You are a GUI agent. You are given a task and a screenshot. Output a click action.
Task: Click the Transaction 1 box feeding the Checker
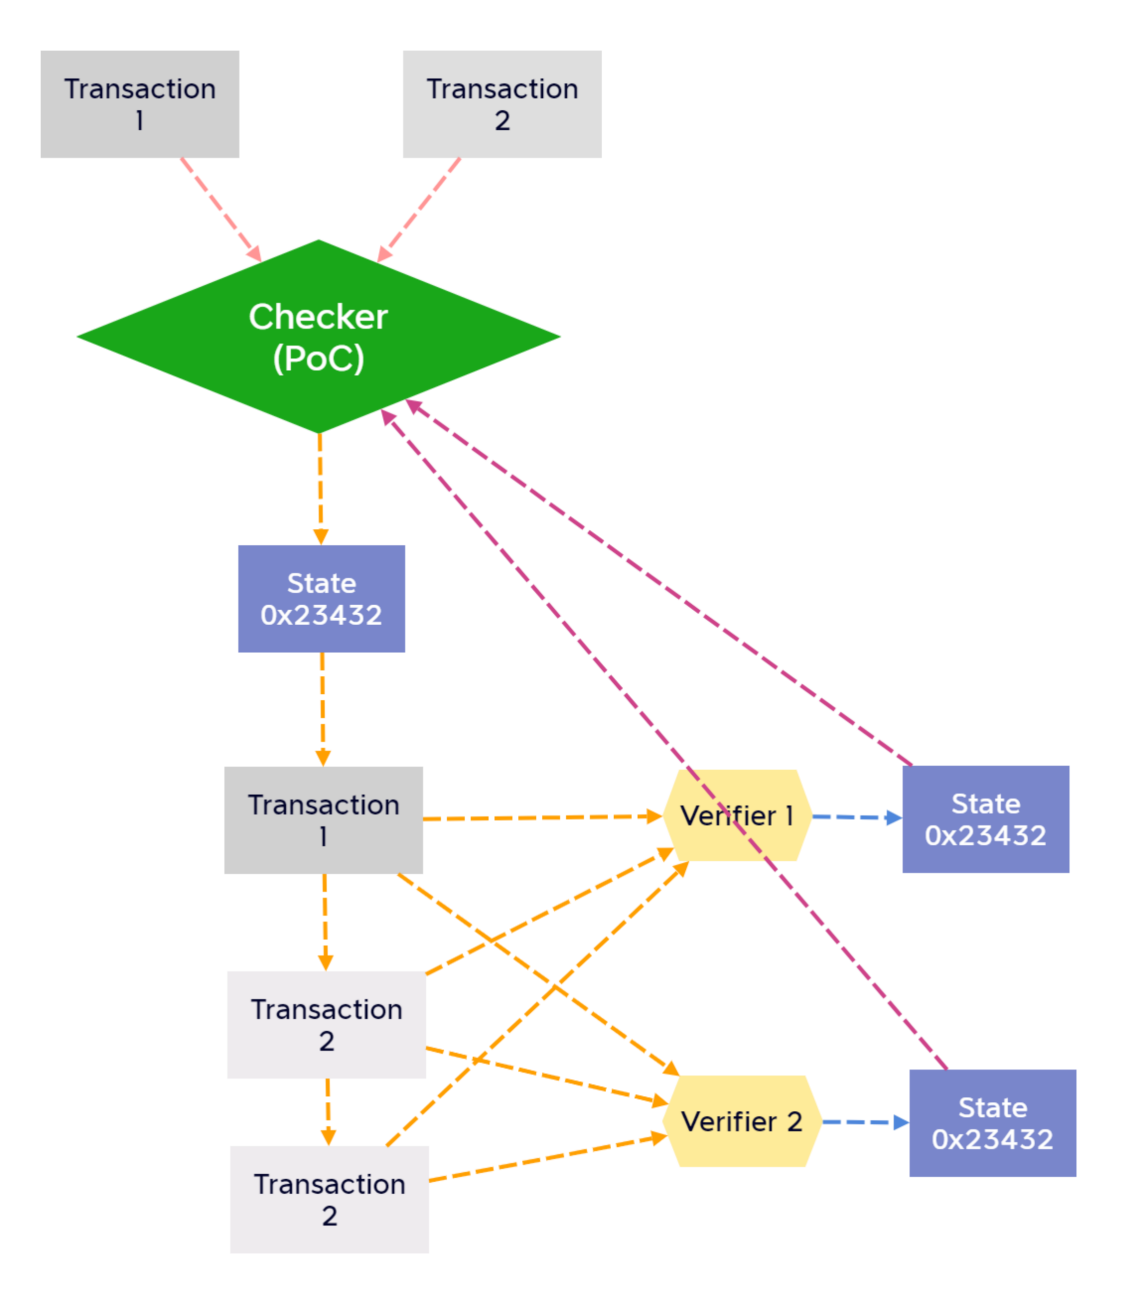click(140, 104)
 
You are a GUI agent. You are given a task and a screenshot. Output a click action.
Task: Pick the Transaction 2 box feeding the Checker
click(502, 104)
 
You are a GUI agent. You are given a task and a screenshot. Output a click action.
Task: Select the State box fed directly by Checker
click(321, 599)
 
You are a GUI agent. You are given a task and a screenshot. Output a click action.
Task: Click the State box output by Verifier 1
click(985, 819)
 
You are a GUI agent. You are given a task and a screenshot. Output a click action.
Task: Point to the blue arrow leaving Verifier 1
click(855, 817)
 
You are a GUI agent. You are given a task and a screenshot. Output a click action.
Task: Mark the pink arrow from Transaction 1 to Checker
click(220, 209)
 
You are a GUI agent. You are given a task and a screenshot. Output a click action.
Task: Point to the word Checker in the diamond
click(318, 317)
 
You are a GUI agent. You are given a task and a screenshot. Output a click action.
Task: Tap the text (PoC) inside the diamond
click(318, 358)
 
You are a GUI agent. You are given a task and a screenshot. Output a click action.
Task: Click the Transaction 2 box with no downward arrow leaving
click(329, 1200)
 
